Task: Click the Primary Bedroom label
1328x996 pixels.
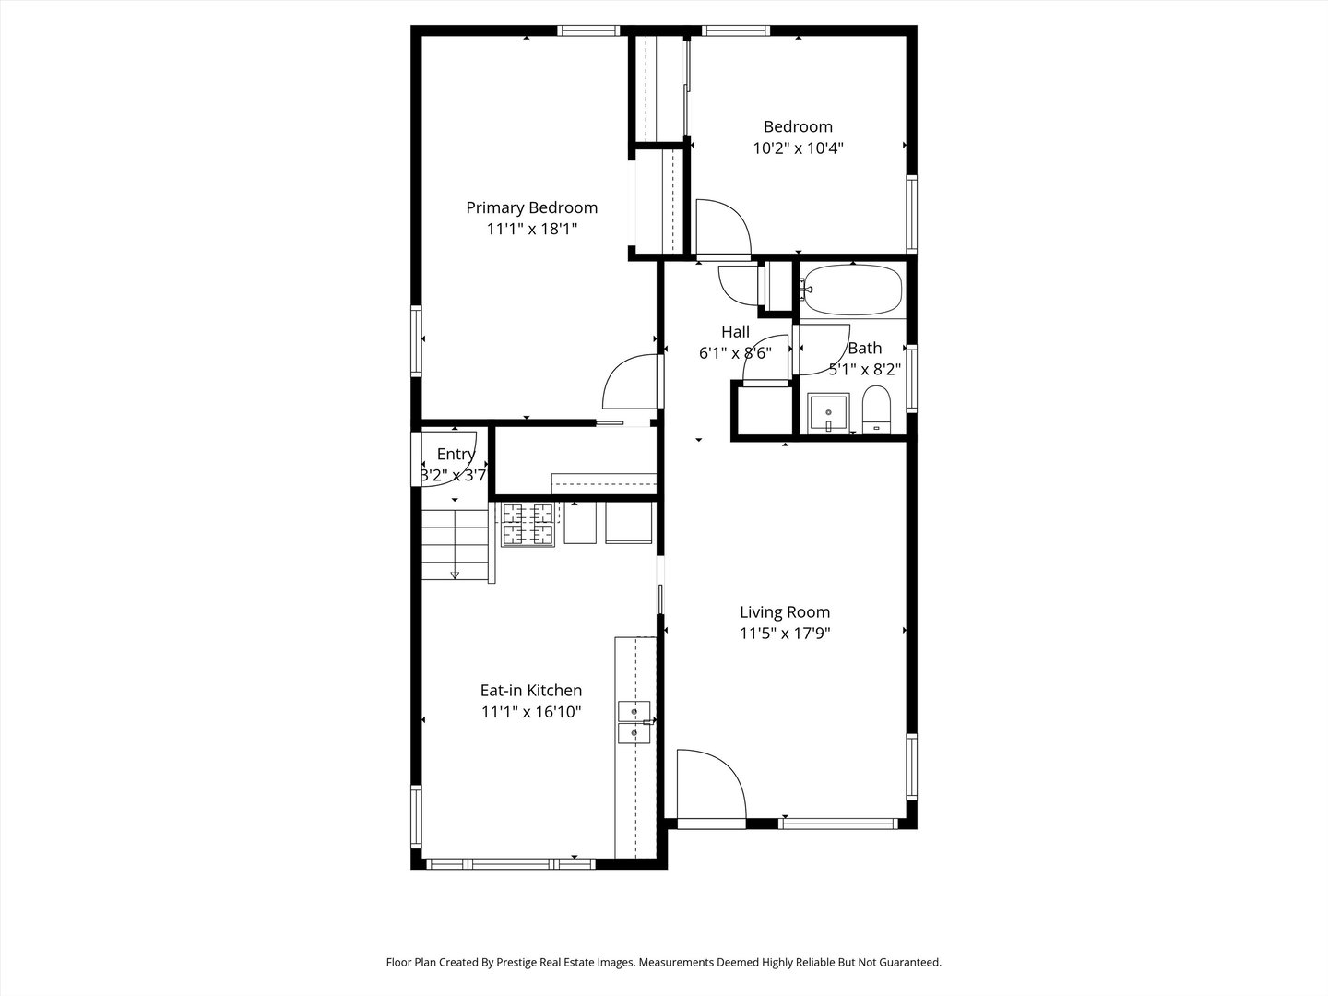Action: (531, 208)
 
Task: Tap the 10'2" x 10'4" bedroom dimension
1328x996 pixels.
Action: (798, 148)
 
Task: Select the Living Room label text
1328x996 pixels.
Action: (785, 612)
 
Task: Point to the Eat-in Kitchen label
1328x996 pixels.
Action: (531, 691)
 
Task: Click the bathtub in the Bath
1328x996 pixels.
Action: (852, 290)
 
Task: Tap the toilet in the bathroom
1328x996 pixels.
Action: (876, 410)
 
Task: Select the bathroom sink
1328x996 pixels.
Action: (828, 414)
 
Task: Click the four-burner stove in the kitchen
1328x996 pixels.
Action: (528, 525)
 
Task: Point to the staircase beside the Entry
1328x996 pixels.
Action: (455, 545)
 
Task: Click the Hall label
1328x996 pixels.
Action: (735, 332)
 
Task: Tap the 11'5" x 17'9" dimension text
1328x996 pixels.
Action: (785, 634)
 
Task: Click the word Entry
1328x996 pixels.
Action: (456, 454)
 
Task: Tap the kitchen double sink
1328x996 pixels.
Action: (634, 722)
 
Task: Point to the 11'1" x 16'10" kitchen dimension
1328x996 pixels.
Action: (531, 712)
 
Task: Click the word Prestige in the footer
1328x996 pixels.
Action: (517, 962)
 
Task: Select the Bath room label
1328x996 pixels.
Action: (864, 349)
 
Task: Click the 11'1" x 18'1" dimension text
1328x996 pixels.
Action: (532, 230)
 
